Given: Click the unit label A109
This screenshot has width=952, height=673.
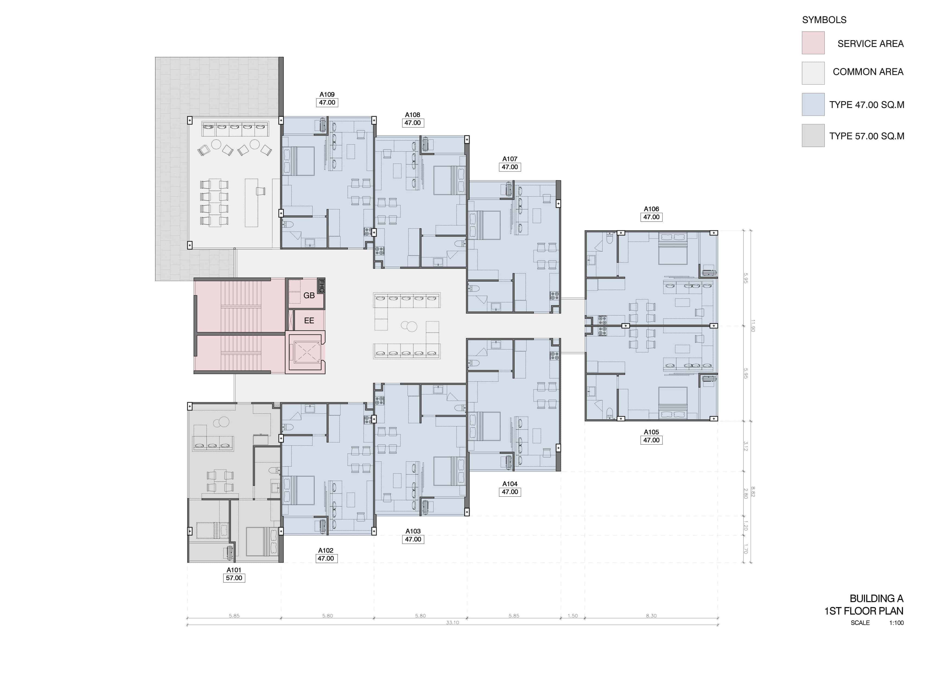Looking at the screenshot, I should (327, 95).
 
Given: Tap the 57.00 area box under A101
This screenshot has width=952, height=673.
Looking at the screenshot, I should (234, 578).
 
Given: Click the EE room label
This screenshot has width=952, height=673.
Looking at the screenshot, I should (309, 321).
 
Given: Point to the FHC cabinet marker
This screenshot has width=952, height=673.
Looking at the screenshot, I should (321, 286).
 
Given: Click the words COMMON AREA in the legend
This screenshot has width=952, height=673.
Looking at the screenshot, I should (868, 72).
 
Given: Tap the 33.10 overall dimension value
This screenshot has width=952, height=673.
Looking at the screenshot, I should (452, 623).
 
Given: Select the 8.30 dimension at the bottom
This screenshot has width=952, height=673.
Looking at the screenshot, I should (651, 616).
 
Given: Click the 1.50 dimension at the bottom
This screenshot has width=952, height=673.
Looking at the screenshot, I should (573, 616).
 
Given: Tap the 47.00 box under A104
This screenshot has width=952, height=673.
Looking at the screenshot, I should (510, 492).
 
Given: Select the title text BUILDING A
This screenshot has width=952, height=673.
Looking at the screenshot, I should (876, 598).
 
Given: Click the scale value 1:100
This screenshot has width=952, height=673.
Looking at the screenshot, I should (896, 623).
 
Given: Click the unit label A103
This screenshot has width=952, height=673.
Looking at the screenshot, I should (413, 531).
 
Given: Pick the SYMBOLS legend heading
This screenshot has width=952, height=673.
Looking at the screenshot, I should (824, 20).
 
